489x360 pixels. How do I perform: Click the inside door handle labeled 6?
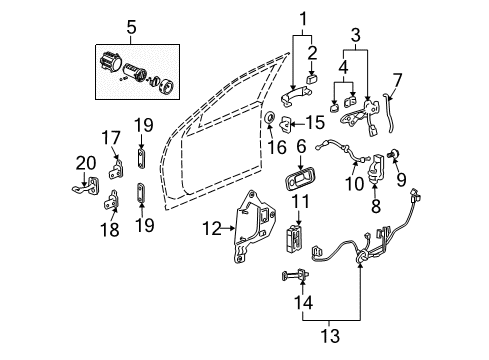tap(300, 184)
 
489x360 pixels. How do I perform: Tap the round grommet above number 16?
tap(270, 121)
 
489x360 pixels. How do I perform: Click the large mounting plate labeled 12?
tap(249, 243)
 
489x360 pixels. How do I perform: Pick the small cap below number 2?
tap(311, 74)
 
